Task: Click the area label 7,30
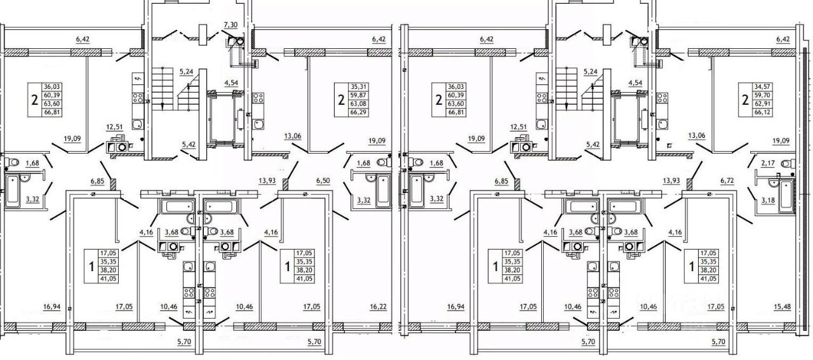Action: (x=231, y=25)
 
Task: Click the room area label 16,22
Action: (x=378, y=307)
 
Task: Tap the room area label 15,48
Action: (x=782, y=307)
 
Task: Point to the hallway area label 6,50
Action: (x=323, y=181)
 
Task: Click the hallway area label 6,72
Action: (x=727, y=181)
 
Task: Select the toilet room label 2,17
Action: (x=768, y=163)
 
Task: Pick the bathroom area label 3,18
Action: (x=768, y=200)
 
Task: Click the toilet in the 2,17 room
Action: (x=787, y=163)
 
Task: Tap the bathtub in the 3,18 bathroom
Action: (x=786, y=196)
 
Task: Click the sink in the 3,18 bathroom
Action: (x=773, y=183)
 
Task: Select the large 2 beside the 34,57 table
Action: (x=745, y=100)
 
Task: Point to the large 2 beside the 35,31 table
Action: (x=341, y=100)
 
